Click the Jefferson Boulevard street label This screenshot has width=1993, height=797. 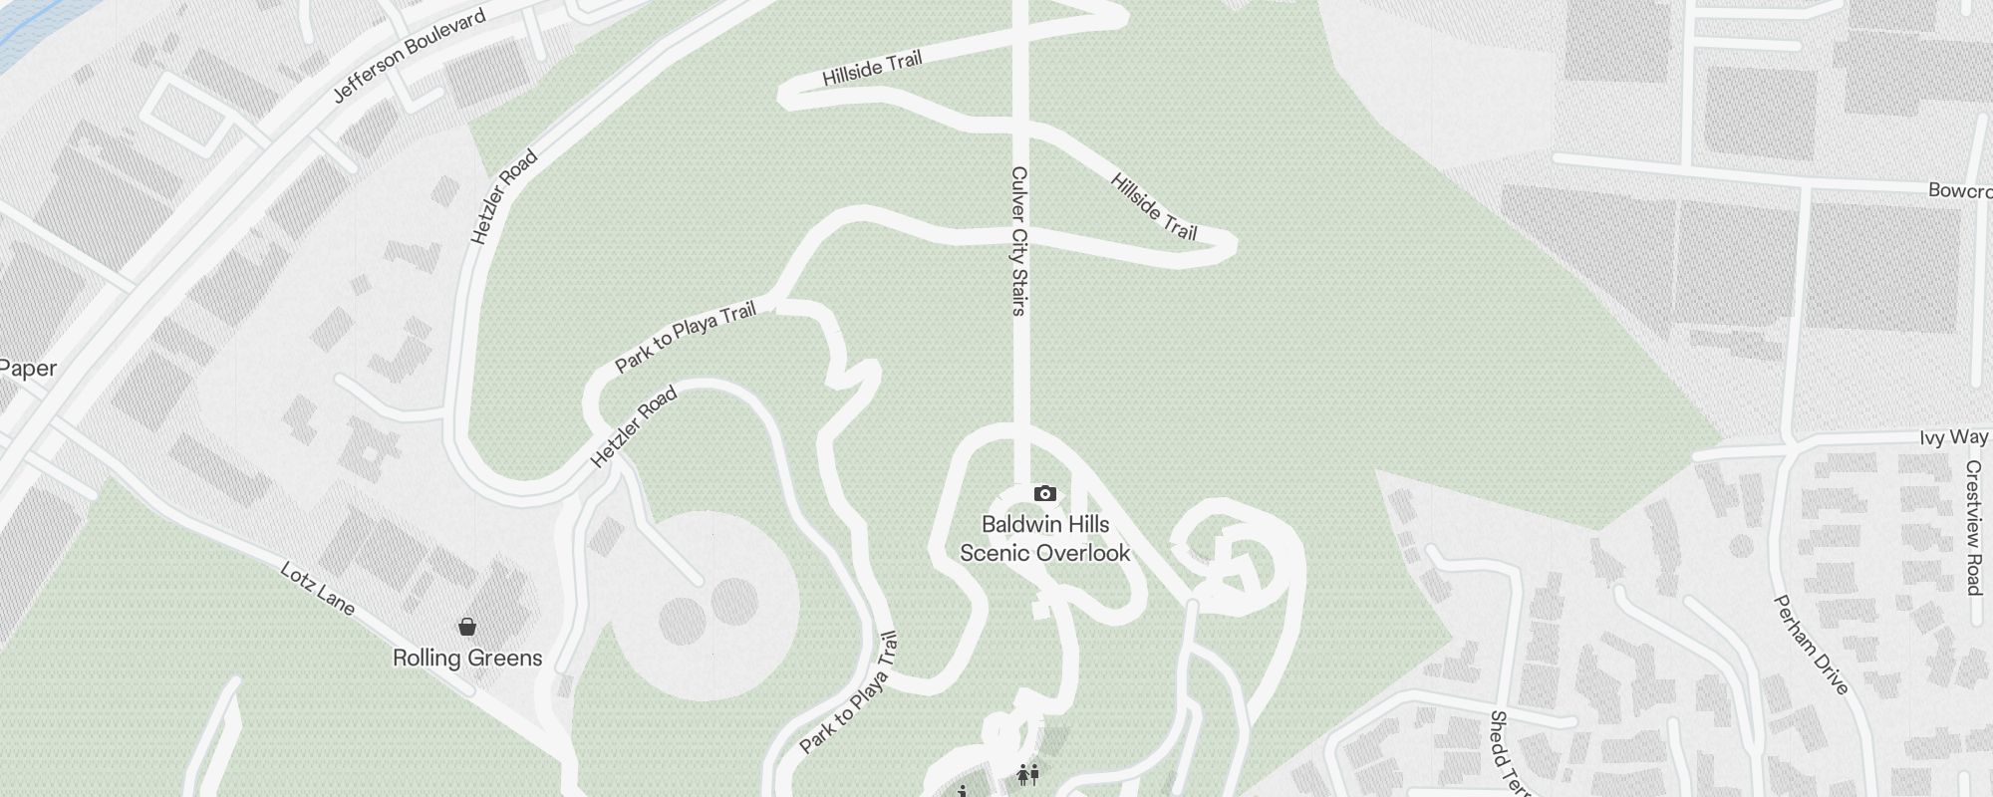[410, 56]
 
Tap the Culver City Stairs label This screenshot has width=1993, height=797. [1018, 241]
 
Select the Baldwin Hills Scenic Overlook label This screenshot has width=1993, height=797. [1045, 539]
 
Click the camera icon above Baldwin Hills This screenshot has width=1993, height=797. [1044, 493]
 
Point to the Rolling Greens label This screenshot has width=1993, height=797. [467, 659]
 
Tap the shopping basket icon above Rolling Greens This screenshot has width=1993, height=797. [466, 627]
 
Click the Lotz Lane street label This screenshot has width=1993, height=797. [317, 589]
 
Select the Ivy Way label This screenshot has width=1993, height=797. [1954, 437]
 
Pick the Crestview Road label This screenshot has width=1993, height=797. [1973, 527]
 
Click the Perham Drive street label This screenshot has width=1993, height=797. [1811, 645]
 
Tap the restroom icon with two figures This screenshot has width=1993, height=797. [1027, 773]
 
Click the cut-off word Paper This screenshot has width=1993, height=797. [27, 369]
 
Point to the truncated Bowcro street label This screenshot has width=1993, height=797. [1959, 190]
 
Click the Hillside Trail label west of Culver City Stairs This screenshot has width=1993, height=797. [872, 68]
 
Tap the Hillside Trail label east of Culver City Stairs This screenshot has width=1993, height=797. [1153, 207]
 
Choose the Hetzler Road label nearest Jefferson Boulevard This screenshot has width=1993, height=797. [503, 197]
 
